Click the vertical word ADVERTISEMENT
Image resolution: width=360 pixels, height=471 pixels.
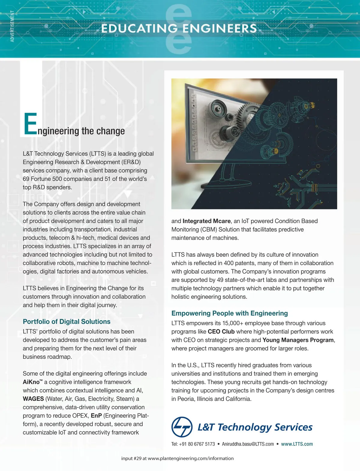tap(12, 26)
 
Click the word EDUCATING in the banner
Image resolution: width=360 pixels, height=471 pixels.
tap(139, 29)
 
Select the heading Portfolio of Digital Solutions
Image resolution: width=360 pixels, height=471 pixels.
tap(67, 322)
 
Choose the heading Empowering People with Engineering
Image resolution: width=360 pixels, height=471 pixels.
tap(229, 313)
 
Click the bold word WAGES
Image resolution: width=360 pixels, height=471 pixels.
tap(33, 399)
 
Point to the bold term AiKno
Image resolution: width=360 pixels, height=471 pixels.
tap(31, 382)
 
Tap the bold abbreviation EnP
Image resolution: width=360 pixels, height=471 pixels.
tap(96, 415)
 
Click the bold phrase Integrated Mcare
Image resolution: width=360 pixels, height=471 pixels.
tap(206, 221)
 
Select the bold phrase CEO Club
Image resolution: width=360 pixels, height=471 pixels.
tap(221, 331)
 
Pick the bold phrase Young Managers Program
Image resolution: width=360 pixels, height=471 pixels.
tap(298, 340)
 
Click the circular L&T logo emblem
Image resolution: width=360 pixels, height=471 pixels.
tap(182, 427)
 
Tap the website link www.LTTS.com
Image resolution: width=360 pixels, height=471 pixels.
tap(297, 444)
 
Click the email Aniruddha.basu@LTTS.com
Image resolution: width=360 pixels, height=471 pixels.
tap(248, 444)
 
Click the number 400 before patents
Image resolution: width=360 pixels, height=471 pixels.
tap(229, 263)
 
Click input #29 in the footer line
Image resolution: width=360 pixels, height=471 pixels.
tap(131, 458)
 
